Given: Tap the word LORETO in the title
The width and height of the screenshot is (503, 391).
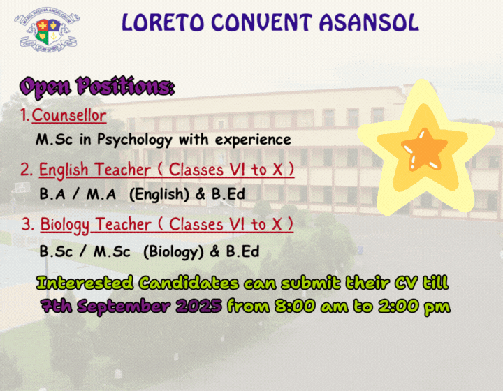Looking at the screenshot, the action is point(163,23).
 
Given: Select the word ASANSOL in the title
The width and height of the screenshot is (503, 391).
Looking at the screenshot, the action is point(369,23).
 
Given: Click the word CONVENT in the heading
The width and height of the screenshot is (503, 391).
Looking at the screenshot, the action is point(262,23).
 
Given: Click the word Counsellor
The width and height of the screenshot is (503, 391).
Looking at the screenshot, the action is point(69,115).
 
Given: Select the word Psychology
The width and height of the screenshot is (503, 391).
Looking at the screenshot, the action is point(135,140).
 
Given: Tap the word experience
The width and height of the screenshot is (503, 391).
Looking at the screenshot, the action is point(253,140).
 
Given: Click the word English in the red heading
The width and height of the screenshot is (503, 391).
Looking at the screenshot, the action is point(64,170).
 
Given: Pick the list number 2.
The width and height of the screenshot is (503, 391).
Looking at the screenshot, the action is point(27,170).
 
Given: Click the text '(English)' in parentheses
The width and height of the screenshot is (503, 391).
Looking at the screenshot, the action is point(159,194).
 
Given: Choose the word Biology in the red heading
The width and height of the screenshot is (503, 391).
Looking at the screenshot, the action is point(65,225).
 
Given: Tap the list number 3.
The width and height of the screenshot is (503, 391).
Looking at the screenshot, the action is point(27,224).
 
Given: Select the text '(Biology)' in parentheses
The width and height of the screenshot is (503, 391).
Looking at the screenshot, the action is point(173,252).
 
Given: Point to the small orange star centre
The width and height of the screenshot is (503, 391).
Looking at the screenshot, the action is point(424,150).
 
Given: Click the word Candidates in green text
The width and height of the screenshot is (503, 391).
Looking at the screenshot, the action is point(189,283).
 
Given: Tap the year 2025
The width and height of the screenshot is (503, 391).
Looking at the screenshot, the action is point(198,306).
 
